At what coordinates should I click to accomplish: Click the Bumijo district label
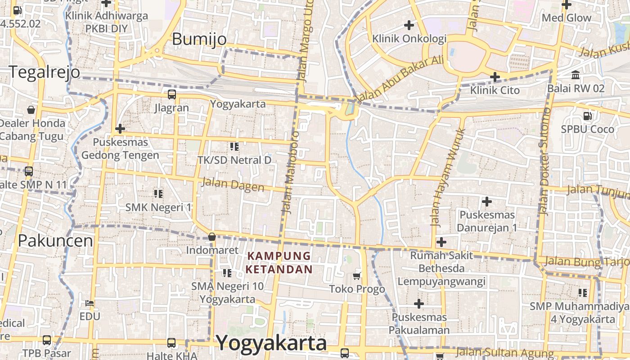point(199,39)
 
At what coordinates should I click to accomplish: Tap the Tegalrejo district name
point(45,72)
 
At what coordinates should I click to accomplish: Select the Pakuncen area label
point(55,241)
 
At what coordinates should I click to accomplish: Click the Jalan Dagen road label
point(232,184)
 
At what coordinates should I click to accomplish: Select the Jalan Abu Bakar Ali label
point(400,79)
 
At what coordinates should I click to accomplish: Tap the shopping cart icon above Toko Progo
point(357,275)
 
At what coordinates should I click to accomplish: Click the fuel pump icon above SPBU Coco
point(587,116)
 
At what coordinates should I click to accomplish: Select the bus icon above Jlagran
point(171,94)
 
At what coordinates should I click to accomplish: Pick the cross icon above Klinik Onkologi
point(409,25)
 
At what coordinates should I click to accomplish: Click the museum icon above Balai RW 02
point(576,75)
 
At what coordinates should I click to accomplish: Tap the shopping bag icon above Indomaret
point(212,237)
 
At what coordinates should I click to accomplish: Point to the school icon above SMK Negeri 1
point(158,193)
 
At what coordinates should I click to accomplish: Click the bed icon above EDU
point(90,303)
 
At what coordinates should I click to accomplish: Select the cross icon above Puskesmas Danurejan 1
point(486,202)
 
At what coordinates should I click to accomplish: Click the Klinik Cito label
point(495,90)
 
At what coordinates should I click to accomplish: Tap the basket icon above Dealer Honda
point(31,109)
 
